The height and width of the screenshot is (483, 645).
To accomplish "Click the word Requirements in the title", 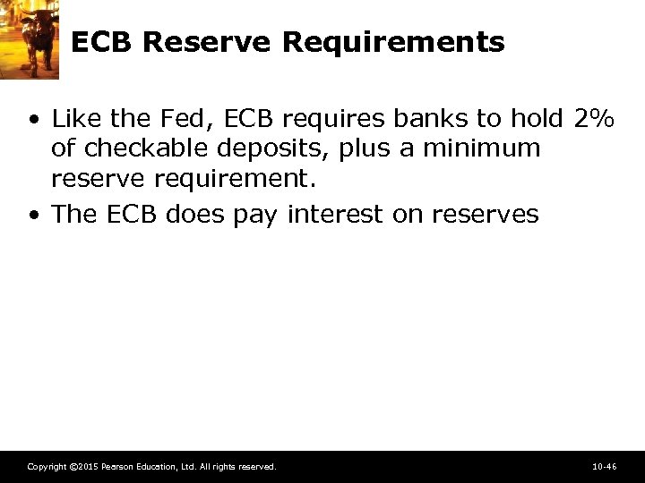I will click(x=393, y=42).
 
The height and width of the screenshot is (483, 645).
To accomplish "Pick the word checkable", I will click(x=137, y=148).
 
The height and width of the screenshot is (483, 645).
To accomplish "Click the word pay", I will click(x=258, y=215).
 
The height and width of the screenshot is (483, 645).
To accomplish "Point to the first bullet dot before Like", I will click(x=33, y=119).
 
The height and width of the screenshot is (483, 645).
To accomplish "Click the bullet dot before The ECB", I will click(x=33, y=216).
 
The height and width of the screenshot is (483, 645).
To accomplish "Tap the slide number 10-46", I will click(x=605, y=467).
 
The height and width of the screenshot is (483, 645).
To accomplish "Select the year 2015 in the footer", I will click(x=87, y=467).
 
